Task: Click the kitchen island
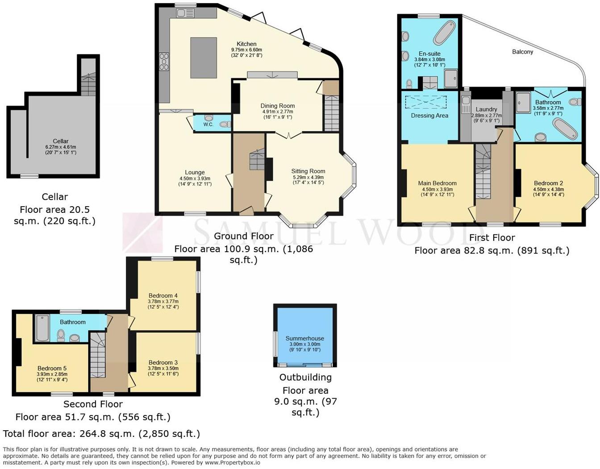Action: (204, 58)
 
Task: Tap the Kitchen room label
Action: (246, 44)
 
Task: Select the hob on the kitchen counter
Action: (164, 62)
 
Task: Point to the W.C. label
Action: (208, 125)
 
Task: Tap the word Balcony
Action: (522, 52)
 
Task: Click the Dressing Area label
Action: (429, 116)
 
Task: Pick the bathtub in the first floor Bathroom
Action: (565, 129)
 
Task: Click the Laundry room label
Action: (486, 109)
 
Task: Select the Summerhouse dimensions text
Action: (305, 347)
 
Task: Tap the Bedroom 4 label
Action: (163, 295)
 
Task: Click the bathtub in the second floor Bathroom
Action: (42, 328)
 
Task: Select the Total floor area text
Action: (101, 434)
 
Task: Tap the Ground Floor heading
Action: (244, 236)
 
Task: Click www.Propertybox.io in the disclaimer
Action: (233, 463)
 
